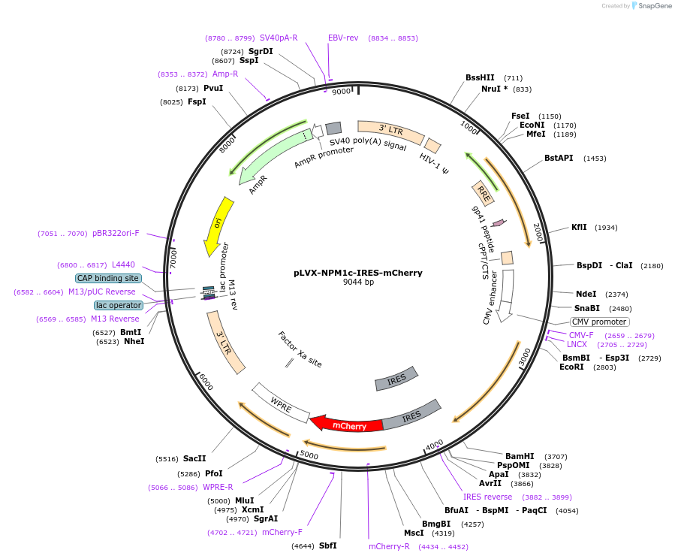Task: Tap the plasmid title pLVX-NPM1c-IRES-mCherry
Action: [x=357, y=273]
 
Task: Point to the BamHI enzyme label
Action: [x=520, y=456]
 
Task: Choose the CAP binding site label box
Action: [x=108, y=278]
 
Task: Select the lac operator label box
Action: [x=118, y=305]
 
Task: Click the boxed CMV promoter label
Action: [x=599, y=322]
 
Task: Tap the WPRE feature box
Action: [x=281, y=403]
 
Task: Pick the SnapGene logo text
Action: [x=656, y=6]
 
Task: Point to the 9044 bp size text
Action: [x=358, y=283]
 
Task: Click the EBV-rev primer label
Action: [x=343, y=38]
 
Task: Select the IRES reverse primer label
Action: [x=487, y=497]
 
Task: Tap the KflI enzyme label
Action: [x=579, y=227]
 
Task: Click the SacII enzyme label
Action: [x=194, y=458]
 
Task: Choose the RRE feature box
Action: [x=484, y=193]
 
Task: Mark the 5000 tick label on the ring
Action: [x=309, y=455]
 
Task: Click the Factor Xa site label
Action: [x=300, y=349]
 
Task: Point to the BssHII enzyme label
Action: [x=480, y=77]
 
